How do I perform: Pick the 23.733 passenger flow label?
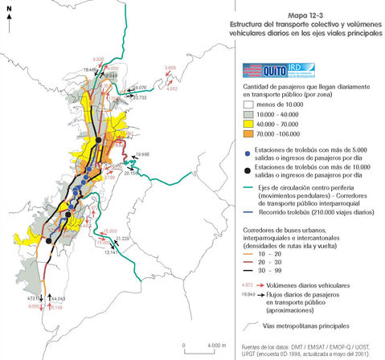139,97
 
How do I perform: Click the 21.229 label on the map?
122,239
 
